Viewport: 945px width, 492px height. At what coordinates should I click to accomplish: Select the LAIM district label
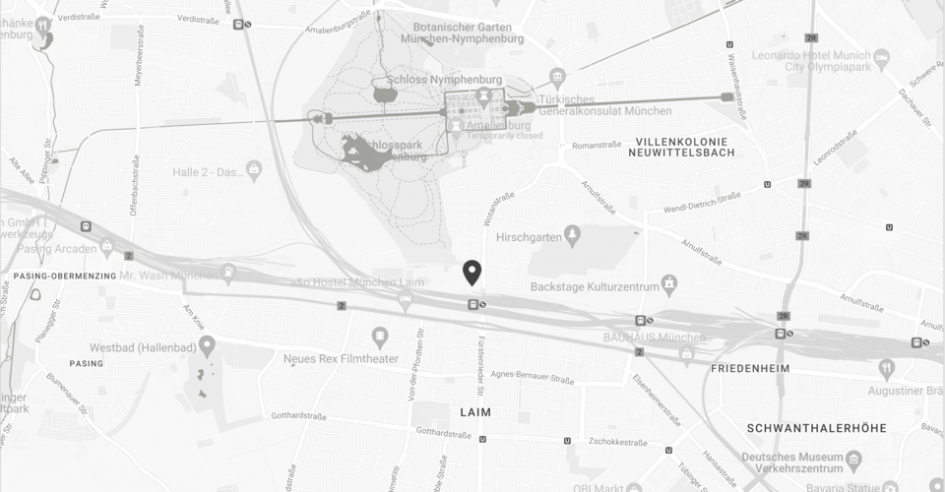[475, 411]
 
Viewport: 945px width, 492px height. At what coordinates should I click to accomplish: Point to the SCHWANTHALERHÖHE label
[817, 428]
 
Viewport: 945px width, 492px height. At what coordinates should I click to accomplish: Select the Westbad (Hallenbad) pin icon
[207, 344]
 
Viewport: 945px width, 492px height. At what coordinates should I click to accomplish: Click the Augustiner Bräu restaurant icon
[887, 368]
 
